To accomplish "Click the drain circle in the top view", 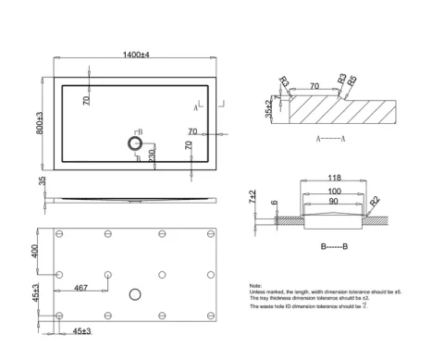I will [x=134, y=143].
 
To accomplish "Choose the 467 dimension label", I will [x=80, y=289].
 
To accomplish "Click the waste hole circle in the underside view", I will [x=137, y=294].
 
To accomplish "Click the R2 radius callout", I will [x=375, y=200].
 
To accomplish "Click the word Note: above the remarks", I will [x=256, y=286].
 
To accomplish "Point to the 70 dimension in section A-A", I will [x=314, y=85].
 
